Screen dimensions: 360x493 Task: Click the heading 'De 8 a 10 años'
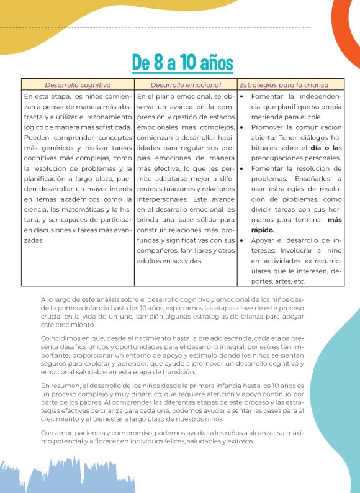(182, 62)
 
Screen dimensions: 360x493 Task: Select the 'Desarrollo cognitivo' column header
(78, 84)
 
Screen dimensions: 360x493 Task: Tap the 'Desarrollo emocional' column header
(186, 84)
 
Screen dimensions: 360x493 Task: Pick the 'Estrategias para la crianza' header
(284, 84)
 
